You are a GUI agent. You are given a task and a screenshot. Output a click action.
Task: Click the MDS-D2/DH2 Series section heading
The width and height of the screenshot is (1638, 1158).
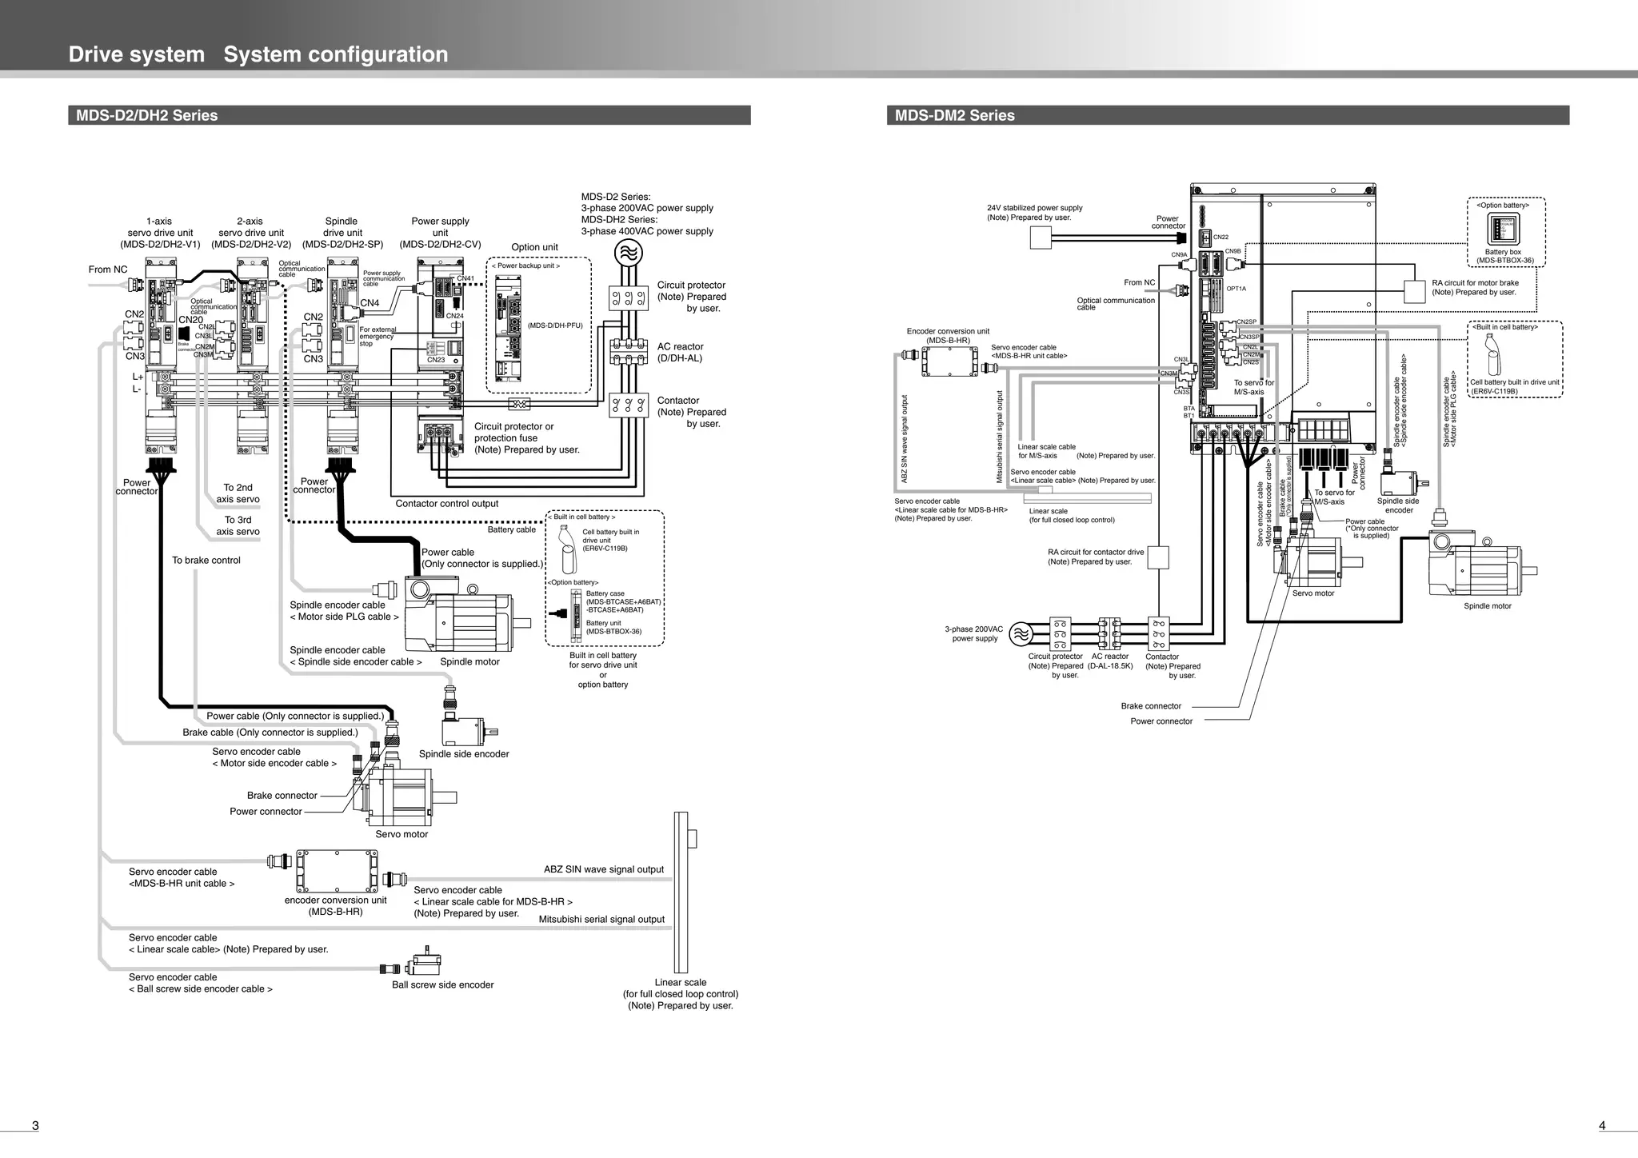coord(146,115)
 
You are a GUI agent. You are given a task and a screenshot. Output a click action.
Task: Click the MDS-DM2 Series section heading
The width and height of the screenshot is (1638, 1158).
coord(954,115)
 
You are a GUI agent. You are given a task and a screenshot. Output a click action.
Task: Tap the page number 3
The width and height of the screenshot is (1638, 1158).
coord(35,1126)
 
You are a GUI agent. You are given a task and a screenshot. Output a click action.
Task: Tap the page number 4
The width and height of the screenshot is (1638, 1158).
coord(1602,1126)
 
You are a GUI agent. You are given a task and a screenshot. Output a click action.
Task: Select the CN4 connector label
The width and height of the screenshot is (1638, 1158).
coord(370,303)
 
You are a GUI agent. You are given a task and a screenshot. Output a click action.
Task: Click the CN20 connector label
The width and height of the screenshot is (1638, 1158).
coord(190,320)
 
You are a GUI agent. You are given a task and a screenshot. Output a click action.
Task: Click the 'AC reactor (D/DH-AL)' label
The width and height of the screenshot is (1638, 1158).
coord(680,353)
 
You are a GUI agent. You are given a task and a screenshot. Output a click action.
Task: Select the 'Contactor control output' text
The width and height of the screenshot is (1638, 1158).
coord(446,504)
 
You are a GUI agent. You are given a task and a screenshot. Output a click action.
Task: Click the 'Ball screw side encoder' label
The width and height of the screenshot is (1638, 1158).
coord(442,985)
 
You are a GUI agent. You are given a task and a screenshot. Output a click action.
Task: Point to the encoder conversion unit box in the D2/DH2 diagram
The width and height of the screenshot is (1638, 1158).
coord(336,871)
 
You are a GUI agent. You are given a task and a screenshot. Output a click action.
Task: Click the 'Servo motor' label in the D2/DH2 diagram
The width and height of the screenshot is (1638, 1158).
coord(402,834)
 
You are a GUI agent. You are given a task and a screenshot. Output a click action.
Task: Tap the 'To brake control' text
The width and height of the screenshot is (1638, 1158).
coord(206,561)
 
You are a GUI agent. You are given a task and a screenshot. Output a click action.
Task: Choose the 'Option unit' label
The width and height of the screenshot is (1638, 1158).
coord(534,247)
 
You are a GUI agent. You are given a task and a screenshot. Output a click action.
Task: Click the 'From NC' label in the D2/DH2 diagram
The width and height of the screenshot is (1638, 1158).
coord(108,270)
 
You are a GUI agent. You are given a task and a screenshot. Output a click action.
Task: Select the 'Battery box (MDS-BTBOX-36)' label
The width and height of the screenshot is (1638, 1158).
coord(1504,256)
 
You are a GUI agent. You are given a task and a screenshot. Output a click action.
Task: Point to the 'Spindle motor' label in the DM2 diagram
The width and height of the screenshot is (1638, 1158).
coord(1487,606)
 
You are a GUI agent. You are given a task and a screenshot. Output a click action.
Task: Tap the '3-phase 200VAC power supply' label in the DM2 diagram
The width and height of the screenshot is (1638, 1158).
coord(973,633)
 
